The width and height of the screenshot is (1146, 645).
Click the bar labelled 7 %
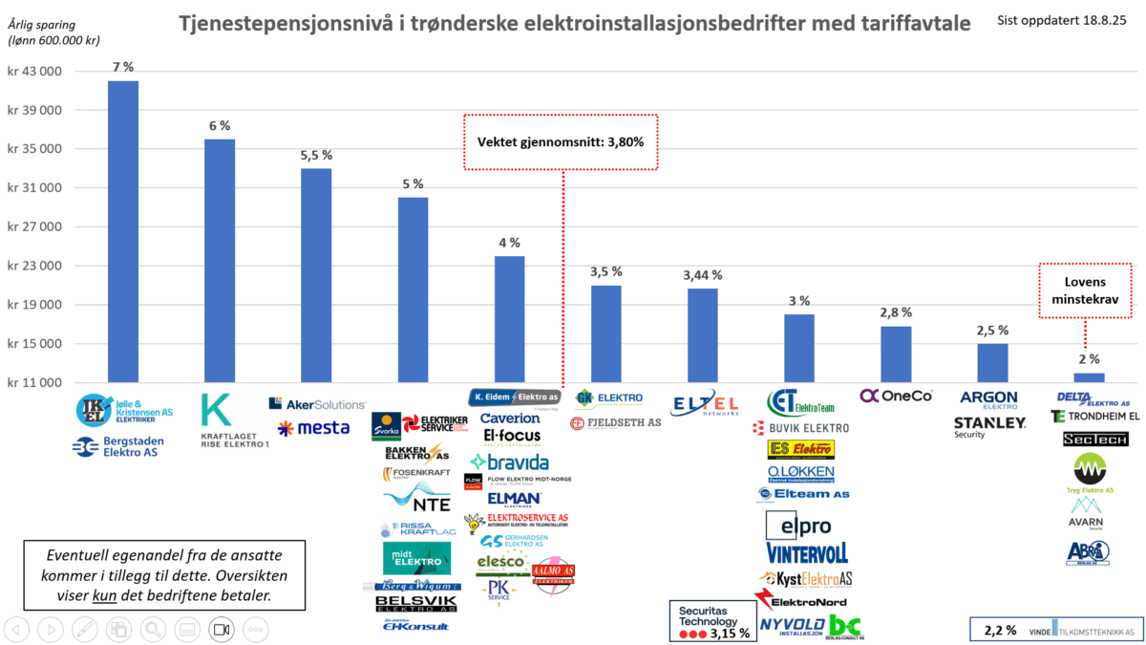[x=123, y=231]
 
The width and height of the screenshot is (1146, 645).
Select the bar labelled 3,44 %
[x=702, y=335]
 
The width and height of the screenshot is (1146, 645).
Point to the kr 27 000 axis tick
[x=34, y=227]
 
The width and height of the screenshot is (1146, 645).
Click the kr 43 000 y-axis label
[x=34, y=72]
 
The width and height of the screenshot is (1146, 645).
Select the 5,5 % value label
[x=316, y=155]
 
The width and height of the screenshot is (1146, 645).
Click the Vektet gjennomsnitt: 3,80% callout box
[x=562, y=142]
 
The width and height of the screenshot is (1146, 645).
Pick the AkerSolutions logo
[x=317, y=404]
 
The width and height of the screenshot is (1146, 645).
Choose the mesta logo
[x=313, y=428]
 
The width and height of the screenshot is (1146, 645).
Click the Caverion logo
[x=510, y=419]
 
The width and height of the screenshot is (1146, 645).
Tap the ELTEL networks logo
[x=706, y=405]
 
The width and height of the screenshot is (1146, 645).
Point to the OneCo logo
[x=895, y=396]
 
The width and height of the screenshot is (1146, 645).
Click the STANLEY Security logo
[x=989, y=425]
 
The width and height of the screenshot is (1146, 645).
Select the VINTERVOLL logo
[x=807, y=553]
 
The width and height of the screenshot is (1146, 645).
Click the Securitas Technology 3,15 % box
[x=713, y=619]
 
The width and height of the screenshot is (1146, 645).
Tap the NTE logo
[x=411, y=500]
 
